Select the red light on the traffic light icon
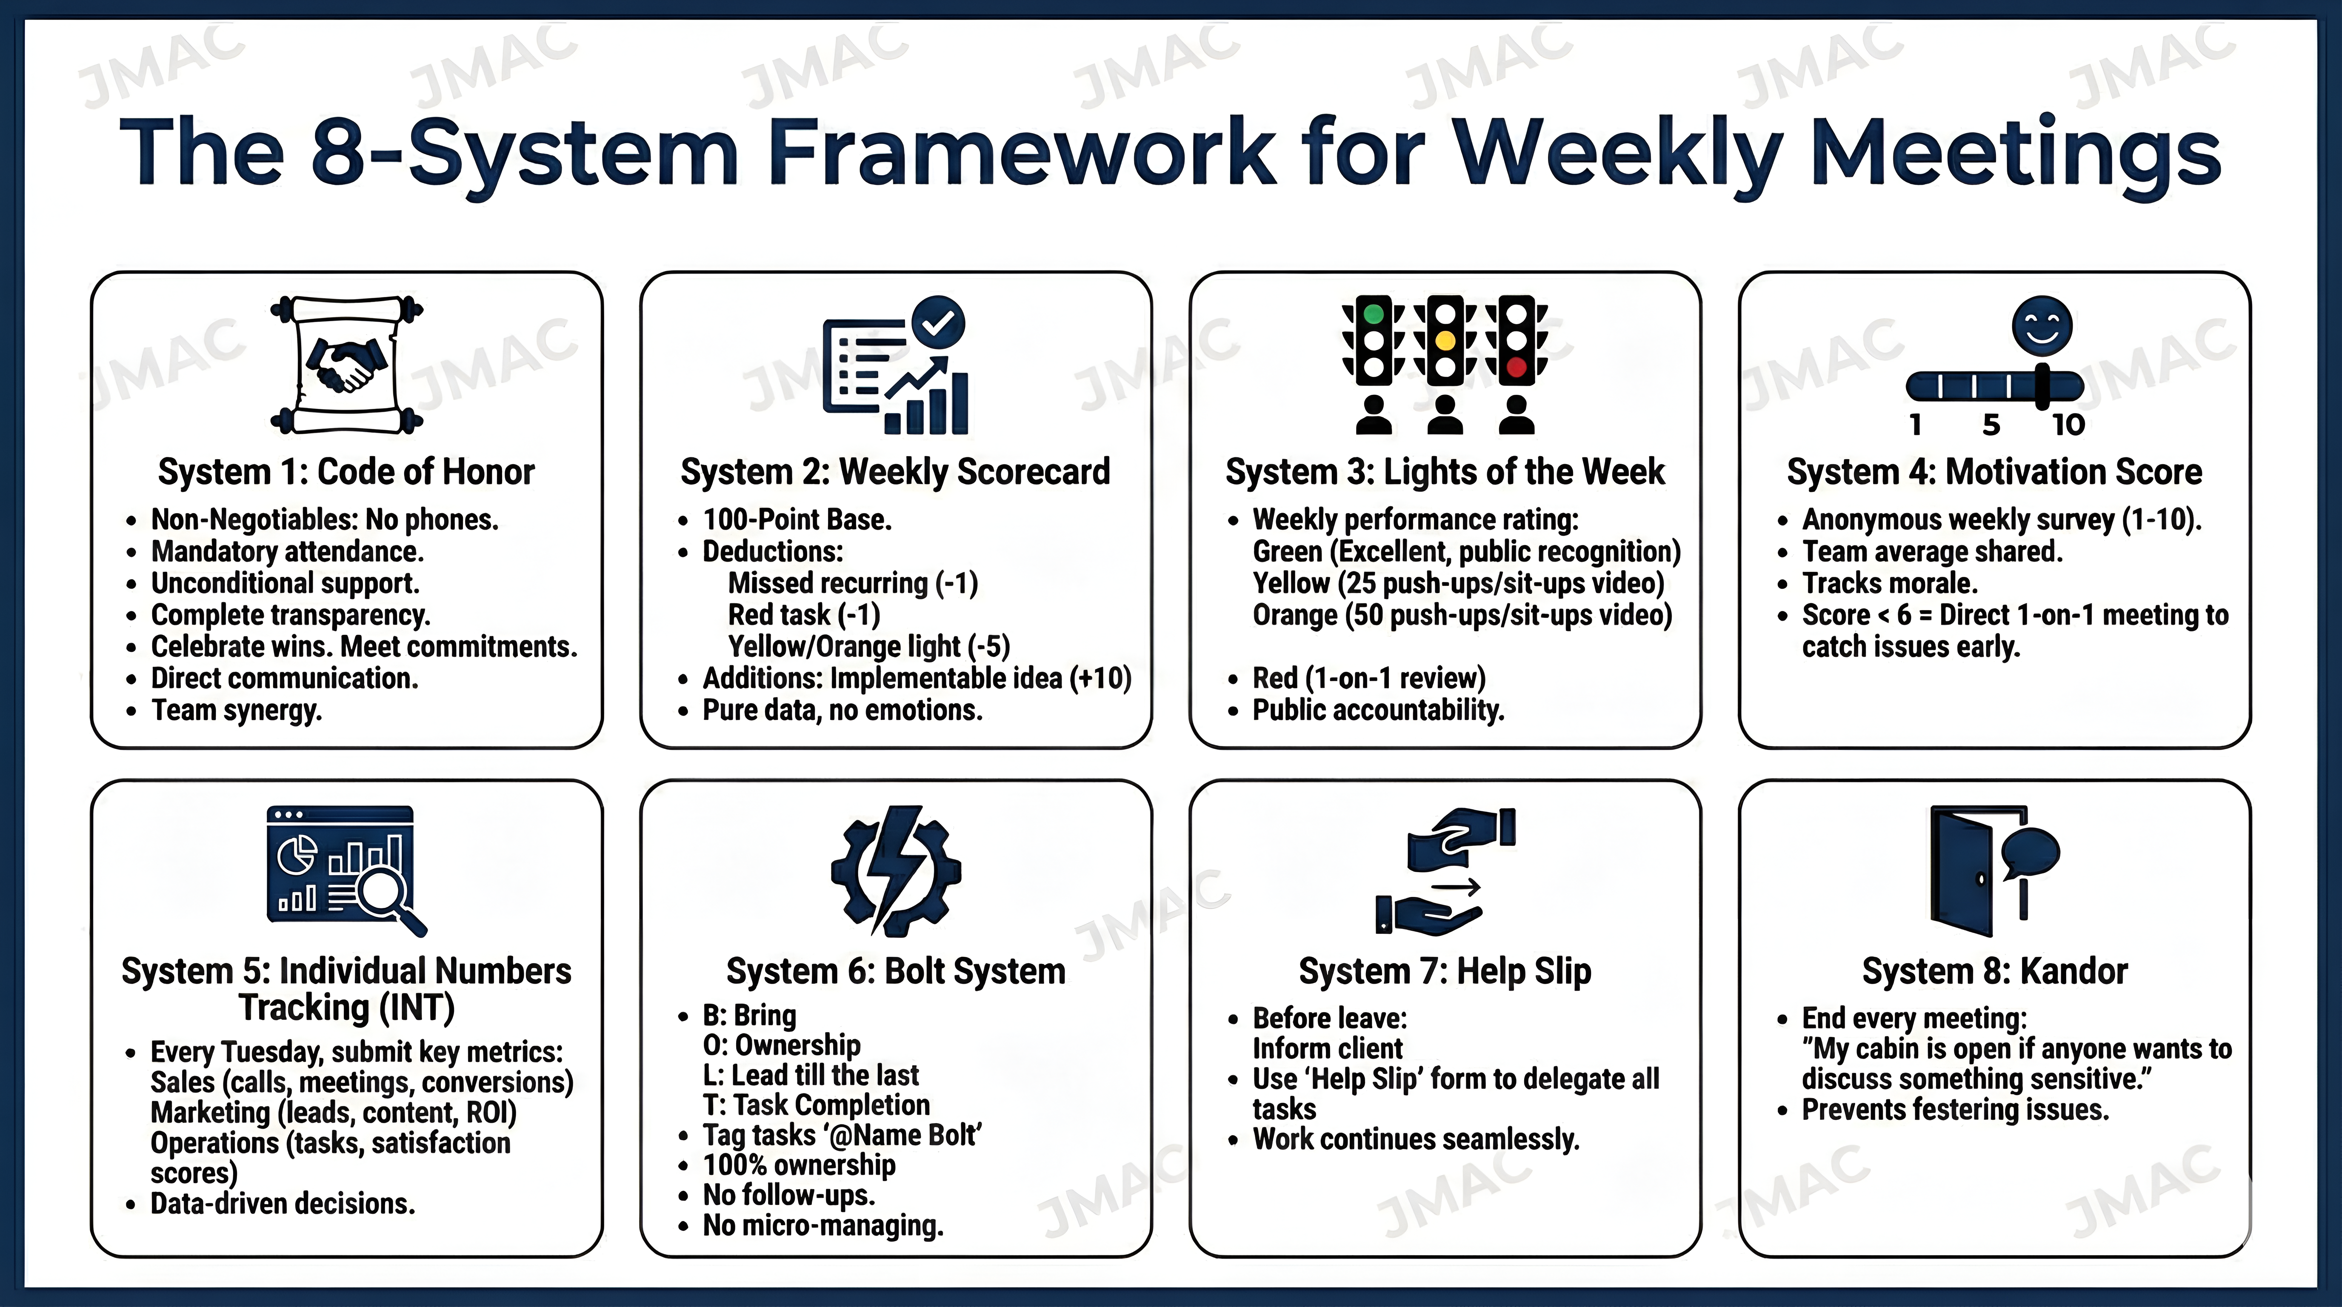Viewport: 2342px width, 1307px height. (1516, 367)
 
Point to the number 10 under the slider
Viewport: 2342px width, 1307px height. (2068, 425)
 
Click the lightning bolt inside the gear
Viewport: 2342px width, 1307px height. (896, 868)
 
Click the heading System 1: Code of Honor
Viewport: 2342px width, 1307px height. (346, 472)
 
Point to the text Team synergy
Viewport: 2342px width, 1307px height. (237, 710)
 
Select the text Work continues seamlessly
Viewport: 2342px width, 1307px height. (1416, 1139)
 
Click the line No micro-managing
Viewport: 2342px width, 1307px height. (823, 1225)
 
